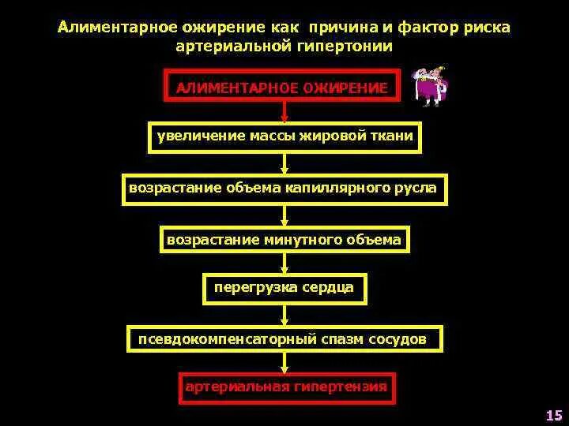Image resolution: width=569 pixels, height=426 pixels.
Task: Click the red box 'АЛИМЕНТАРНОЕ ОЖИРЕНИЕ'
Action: (283, 88)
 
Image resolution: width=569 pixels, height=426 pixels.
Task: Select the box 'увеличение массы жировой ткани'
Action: (284, 137)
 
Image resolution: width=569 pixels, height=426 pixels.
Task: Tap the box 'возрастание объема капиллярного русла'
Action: (284, 189)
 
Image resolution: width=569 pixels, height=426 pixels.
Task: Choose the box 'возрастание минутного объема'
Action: (284, 239)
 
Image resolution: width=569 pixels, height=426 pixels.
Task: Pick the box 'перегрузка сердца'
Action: (284, 287)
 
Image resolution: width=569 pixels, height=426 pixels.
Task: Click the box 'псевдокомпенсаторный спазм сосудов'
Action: (284, 339)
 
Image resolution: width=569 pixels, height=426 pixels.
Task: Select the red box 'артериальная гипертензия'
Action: (285, 387)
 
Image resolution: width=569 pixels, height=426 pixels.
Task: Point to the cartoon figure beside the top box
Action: (431, 86)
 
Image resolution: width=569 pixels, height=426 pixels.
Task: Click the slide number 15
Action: (553, 415)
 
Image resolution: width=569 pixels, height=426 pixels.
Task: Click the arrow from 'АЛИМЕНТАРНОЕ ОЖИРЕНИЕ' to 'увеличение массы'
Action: (284, 112)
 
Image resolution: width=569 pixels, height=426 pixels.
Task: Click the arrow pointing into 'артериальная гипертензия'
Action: (284, 362)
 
